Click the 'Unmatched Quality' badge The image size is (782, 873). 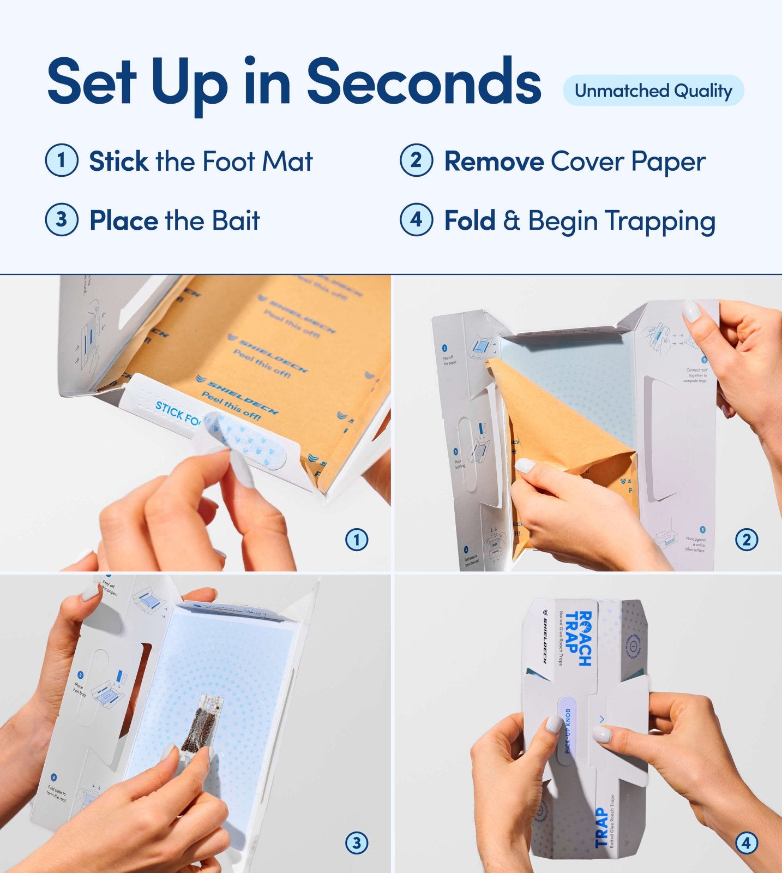point(653,91)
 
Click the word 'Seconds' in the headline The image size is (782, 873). point(424,82)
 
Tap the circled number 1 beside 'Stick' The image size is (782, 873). point(61,160)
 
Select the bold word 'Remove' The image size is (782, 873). point(494,162)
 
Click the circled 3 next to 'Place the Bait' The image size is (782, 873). point(61,219)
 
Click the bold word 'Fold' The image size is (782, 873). point(469,220)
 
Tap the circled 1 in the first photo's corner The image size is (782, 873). point(357,540)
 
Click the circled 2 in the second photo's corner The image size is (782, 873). point(746,540)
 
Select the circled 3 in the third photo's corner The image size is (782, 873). point(357,843)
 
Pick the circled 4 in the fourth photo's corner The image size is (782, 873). point(746,843)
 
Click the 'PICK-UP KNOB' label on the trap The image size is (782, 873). point(567,731)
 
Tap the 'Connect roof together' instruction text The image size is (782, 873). point(696,375)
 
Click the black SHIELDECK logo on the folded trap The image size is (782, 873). point(544,638)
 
